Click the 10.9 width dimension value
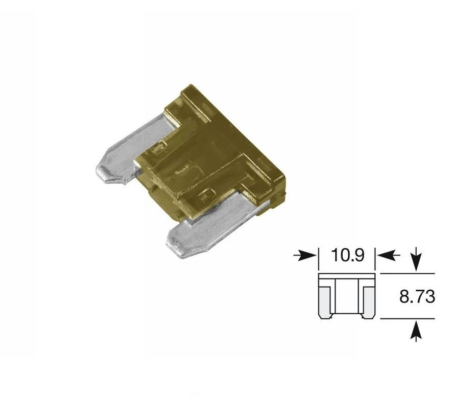point(347,255)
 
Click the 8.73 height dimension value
point(417,296)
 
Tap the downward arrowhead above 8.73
point(416,265)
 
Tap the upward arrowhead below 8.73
point(416,328)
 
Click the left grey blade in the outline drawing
point(325,302)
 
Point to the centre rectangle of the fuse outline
point(347,296)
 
